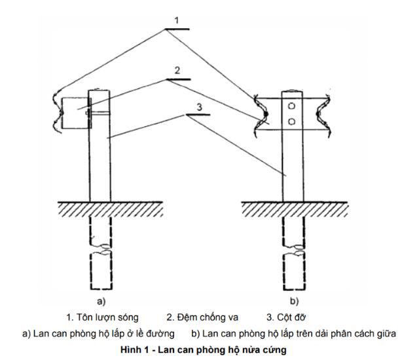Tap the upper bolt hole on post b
click(293, 105)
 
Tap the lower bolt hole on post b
click(293, 122)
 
